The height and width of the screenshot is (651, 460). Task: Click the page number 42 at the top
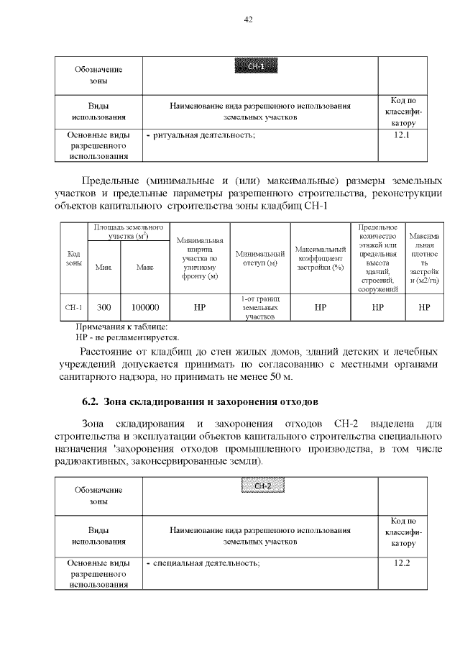point(248,19)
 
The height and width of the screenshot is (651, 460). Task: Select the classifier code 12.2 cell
point(402,562)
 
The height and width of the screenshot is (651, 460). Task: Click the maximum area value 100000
point(144,307)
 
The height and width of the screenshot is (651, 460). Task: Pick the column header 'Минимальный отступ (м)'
point(259,258)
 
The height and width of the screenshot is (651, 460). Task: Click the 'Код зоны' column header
point(73,258)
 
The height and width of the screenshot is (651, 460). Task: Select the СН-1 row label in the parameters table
point(73,307)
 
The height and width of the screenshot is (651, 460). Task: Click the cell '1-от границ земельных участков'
point(259,307)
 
